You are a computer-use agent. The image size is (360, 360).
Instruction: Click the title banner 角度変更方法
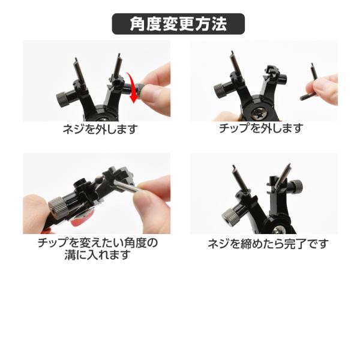178,24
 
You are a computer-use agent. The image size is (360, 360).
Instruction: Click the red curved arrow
132,87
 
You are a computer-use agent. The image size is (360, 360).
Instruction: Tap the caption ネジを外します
100,129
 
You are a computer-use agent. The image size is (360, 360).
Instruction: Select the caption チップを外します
261,128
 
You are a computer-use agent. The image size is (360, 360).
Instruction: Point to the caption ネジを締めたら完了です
268,244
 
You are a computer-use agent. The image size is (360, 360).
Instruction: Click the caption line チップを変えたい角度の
98,243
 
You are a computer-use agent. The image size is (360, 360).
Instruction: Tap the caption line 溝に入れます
98,255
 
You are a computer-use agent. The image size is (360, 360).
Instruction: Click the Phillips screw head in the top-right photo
258,113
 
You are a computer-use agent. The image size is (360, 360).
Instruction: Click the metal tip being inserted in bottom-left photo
125,186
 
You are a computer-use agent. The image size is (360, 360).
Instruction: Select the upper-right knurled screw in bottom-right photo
298,186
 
